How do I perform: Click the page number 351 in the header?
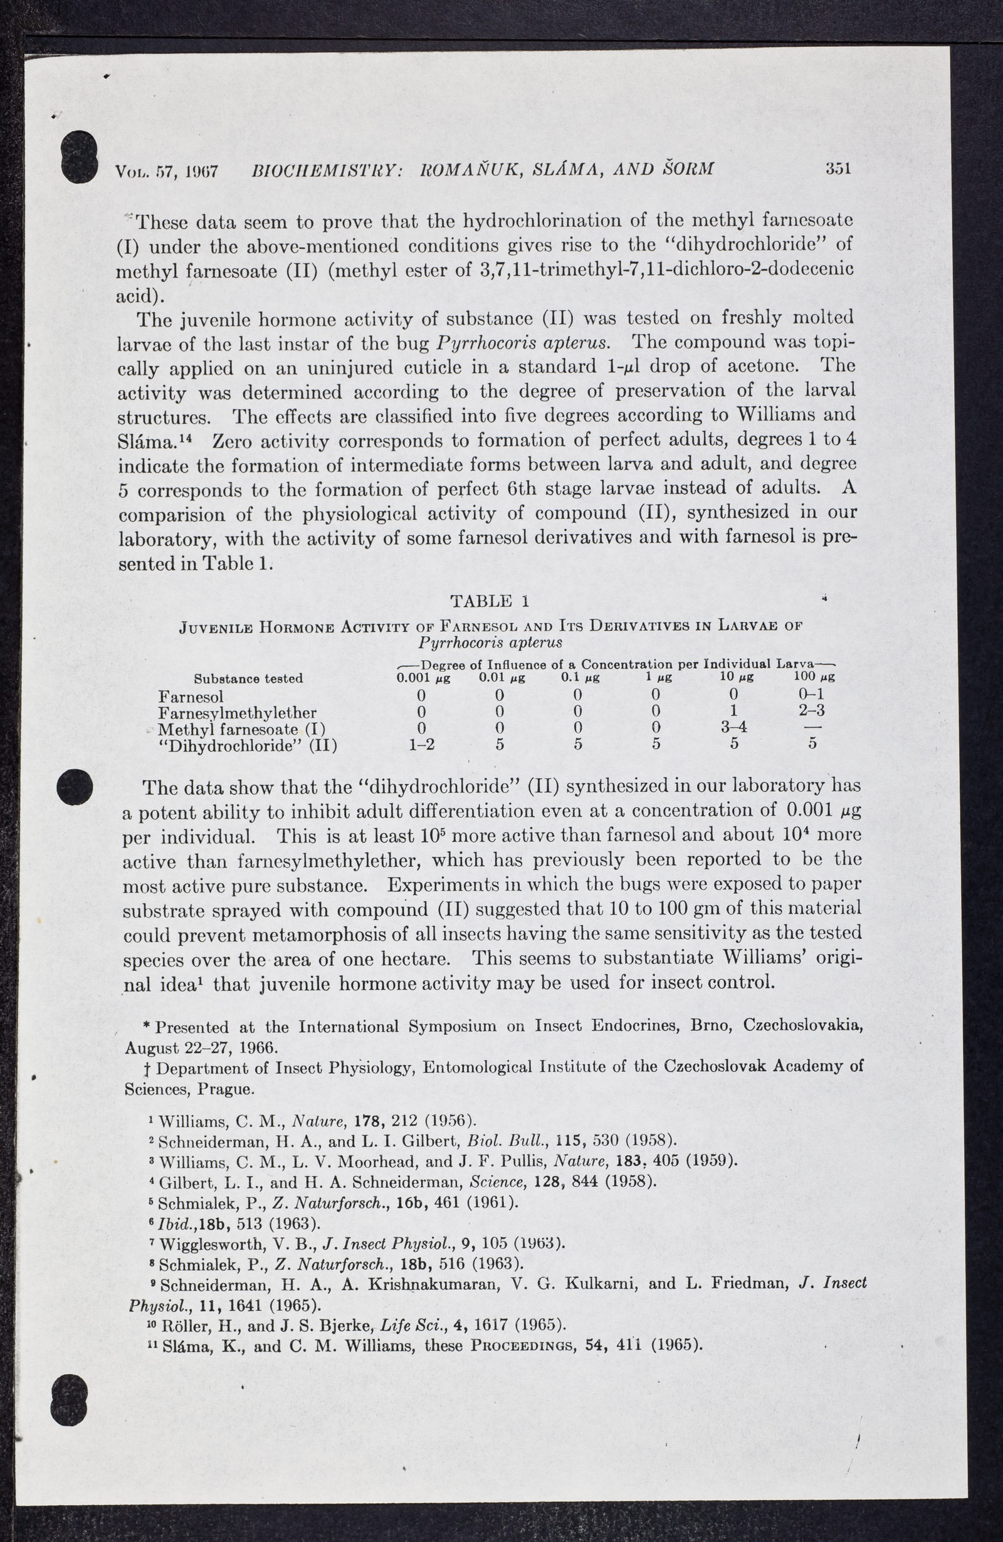point(838,169)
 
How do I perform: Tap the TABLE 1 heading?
point(490,601)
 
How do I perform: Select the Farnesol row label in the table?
point(191,696)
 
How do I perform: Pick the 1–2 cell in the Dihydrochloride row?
point(422,745)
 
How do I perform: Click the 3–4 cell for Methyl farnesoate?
point(734,727)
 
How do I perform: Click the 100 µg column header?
point(814,678)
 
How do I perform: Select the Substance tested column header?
point(249,678)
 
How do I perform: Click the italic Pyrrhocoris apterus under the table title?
point(490,642)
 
